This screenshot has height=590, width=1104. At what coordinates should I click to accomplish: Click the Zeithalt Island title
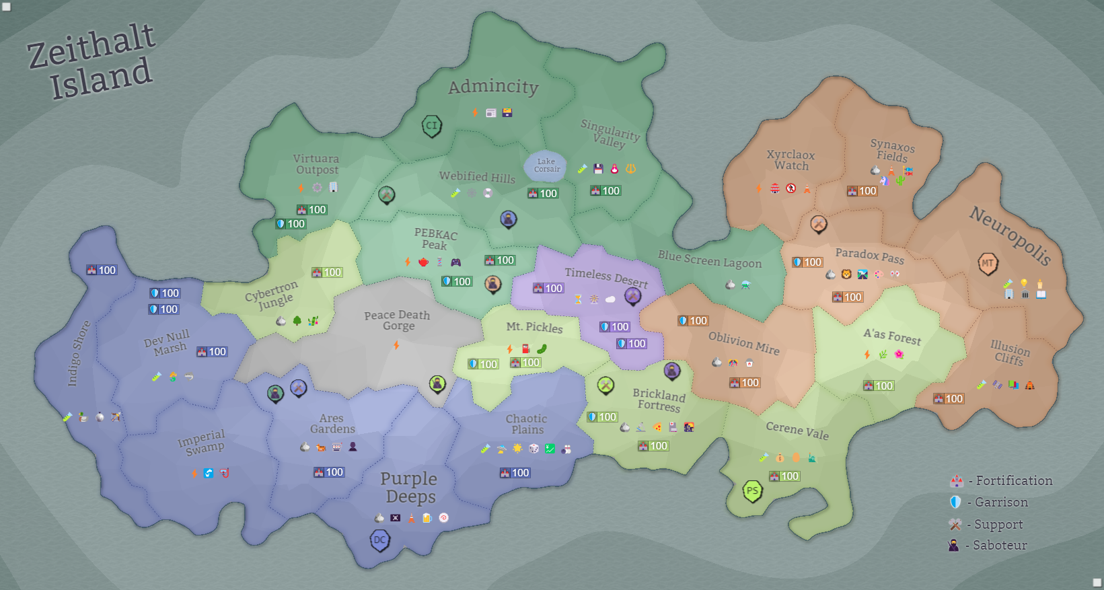tap(93, 62)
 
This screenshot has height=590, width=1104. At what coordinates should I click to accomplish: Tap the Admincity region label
tap(493, 87)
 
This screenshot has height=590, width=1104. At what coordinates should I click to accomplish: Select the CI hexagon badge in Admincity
tap(431, 125)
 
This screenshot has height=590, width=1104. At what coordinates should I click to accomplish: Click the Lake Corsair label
tap(546, 165)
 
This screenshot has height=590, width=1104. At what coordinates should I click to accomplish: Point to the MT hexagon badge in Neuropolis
tap(987, 263)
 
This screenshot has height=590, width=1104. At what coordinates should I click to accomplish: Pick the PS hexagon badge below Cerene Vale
tap(752, 490)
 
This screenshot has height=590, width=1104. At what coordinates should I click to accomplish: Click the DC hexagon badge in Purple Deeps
tap(380, 540)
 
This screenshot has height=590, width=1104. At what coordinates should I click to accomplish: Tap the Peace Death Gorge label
tap(397, 320)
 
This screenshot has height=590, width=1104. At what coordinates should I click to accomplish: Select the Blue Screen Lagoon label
tap(710, 260)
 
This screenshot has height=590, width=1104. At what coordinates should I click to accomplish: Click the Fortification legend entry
tap(1002, 480)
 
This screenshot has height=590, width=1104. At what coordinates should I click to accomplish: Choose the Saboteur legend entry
tap(989, 545)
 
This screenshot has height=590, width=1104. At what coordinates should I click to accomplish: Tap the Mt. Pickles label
tap(534, 327)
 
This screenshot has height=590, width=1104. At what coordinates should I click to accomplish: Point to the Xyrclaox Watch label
tap(790, 160)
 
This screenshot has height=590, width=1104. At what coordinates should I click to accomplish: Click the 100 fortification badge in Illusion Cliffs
tap(949, 398)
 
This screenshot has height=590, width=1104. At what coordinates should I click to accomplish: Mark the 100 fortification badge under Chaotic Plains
tap(515, 473)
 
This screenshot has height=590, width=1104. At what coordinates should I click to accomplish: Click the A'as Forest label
tap(892, 336)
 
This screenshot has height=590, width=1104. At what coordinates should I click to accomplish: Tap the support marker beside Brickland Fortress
tap(605, 385)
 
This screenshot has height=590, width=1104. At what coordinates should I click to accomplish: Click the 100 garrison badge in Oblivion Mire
tap(693, 321)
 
